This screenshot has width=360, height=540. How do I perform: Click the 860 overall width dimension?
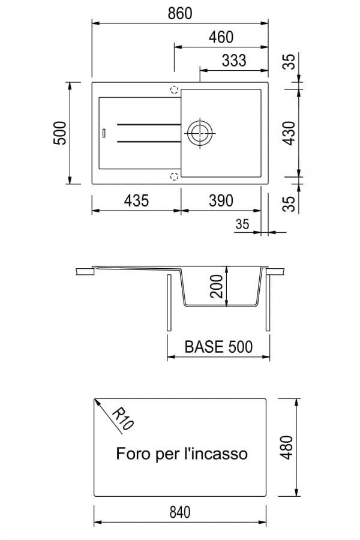pos(180,13)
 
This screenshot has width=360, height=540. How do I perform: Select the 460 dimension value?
pos(221,37)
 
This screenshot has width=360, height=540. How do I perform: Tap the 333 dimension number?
pos(234,61)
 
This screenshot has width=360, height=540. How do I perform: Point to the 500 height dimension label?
pos(59,133)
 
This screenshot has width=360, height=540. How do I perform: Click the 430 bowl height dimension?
pos(289,133)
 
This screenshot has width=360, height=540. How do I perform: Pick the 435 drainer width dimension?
pos(136,200)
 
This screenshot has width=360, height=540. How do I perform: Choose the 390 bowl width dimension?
pos(221,200)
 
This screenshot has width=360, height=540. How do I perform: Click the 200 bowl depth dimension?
pos(217,286)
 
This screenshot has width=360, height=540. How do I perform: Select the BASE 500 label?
pos(218,347)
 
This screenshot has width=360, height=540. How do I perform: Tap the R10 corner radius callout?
pos(122,419)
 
